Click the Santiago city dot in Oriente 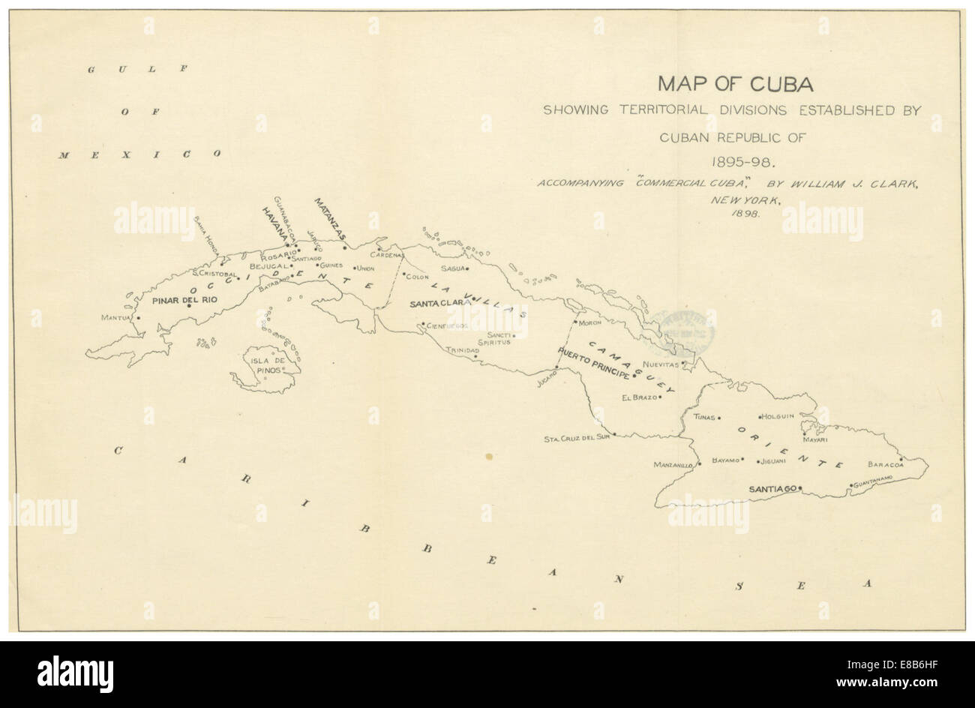800,488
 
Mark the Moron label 591,323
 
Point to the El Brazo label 639,397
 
